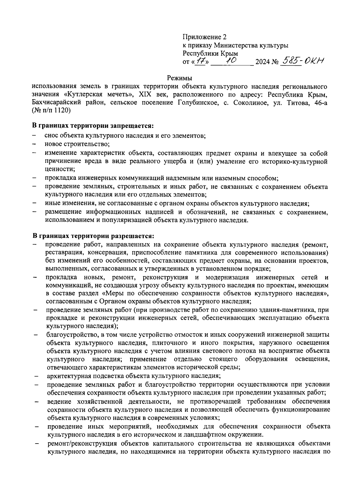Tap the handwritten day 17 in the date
click(x=200, y=61)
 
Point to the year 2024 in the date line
click(x=262, y=62)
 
